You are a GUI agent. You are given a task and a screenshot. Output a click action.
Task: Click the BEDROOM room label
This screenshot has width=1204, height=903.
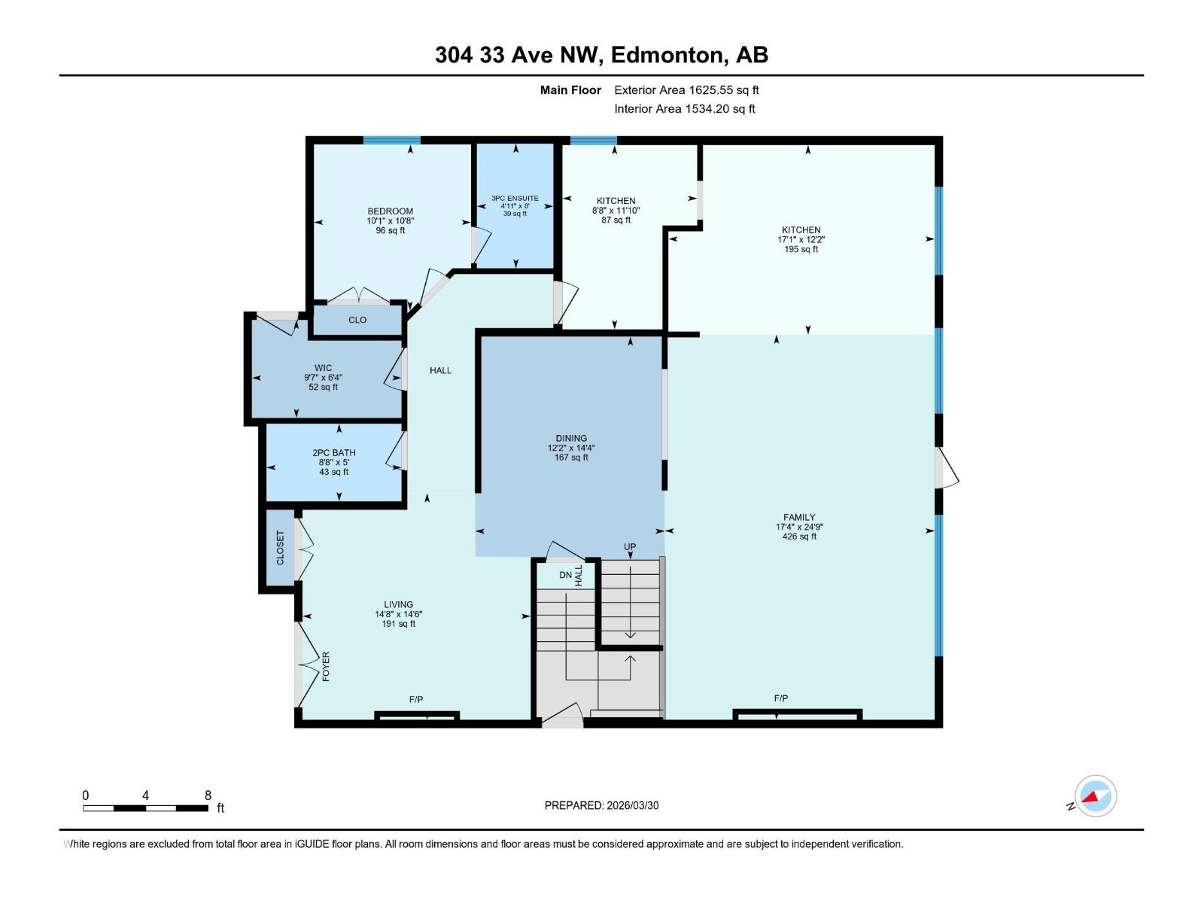(390, 211)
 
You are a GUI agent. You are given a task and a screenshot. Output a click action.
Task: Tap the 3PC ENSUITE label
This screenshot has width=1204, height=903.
(515, 199)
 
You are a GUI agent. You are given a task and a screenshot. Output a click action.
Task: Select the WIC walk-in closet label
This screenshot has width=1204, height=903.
(323, 368)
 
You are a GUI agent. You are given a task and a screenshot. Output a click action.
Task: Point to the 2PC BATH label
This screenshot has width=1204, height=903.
(334, 453)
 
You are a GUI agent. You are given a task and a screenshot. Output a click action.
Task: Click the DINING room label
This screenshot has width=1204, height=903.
(571, 438)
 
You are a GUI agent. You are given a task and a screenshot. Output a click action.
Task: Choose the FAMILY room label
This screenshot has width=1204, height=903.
(798, 517)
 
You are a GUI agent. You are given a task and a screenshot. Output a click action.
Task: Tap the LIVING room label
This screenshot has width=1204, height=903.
(398, 604)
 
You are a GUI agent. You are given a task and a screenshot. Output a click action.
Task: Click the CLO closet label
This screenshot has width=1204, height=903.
(357, 320)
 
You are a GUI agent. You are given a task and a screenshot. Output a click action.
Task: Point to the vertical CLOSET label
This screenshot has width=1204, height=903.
(280, 548)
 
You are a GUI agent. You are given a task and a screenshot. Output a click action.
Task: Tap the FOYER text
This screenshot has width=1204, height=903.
(326, 667)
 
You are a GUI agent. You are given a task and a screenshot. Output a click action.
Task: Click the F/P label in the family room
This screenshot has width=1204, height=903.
(781, 698)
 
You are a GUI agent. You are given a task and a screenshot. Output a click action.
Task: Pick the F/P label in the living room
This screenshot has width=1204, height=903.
(416, 699)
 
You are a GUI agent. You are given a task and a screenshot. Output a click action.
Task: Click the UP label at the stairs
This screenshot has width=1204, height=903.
(630, 547)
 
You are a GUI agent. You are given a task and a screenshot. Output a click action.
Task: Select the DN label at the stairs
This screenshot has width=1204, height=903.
(565, 575)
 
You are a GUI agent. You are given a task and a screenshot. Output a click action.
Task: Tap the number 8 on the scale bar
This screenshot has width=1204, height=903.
(208, 795)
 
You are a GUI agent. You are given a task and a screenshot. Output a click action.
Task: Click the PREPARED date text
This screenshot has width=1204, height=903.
(601, 805)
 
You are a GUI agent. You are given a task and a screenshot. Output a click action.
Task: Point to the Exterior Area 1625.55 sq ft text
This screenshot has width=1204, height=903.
(686, 90)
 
